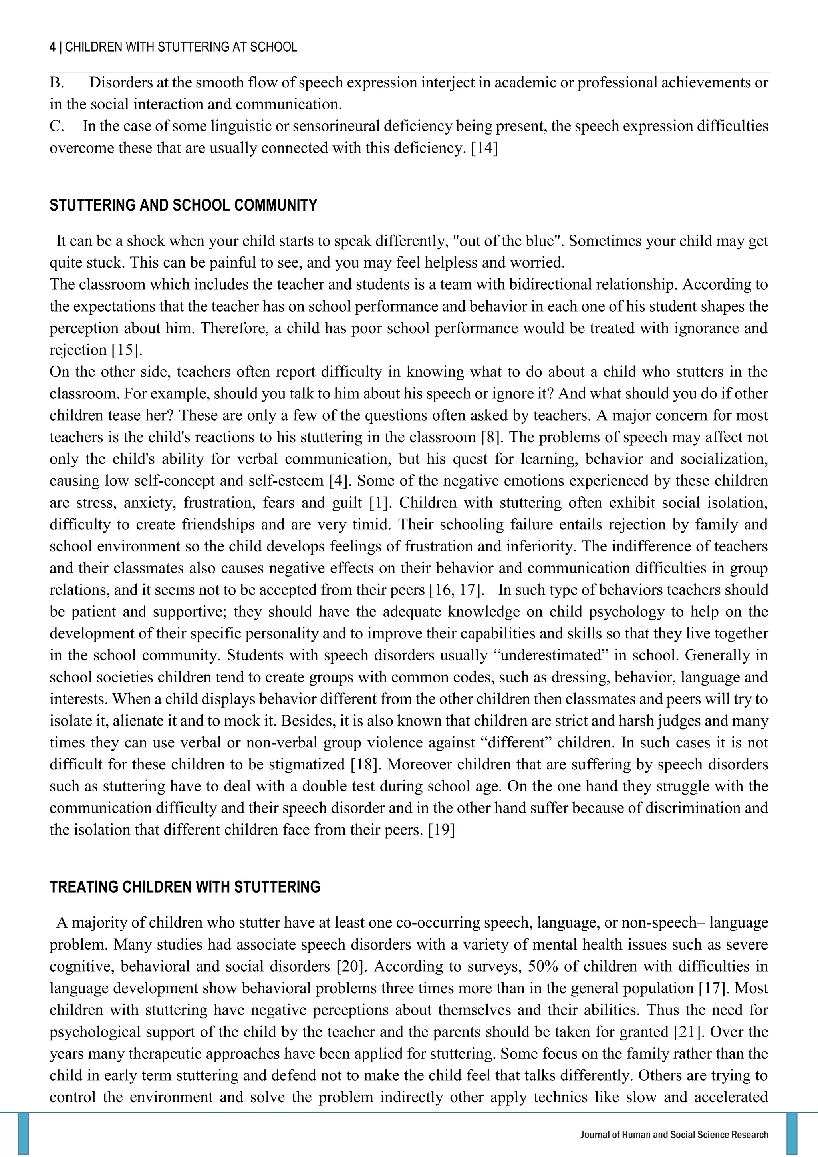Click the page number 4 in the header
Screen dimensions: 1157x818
52,48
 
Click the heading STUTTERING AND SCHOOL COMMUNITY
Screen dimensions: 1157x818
183,206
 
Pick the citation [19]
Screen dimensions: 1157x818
441,830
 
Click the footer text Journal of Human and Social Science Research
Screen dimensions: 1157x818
674,1135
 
